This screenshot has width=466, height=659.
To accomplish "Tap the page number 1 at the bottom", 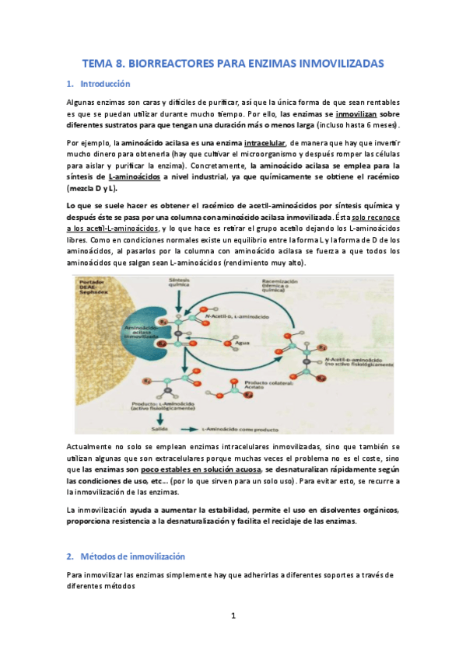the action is [233, 616].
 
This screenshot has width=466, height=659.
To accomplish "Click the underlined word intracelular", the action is [265, 143].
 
